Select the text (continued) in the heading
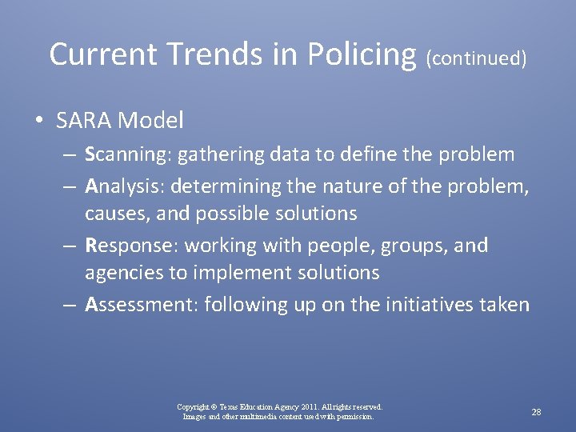tap(476, 58)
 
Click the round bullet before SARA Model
tap(39, 122)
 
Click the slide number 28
tap(536, 412)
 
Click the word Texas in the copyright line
tap(226, 407)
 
